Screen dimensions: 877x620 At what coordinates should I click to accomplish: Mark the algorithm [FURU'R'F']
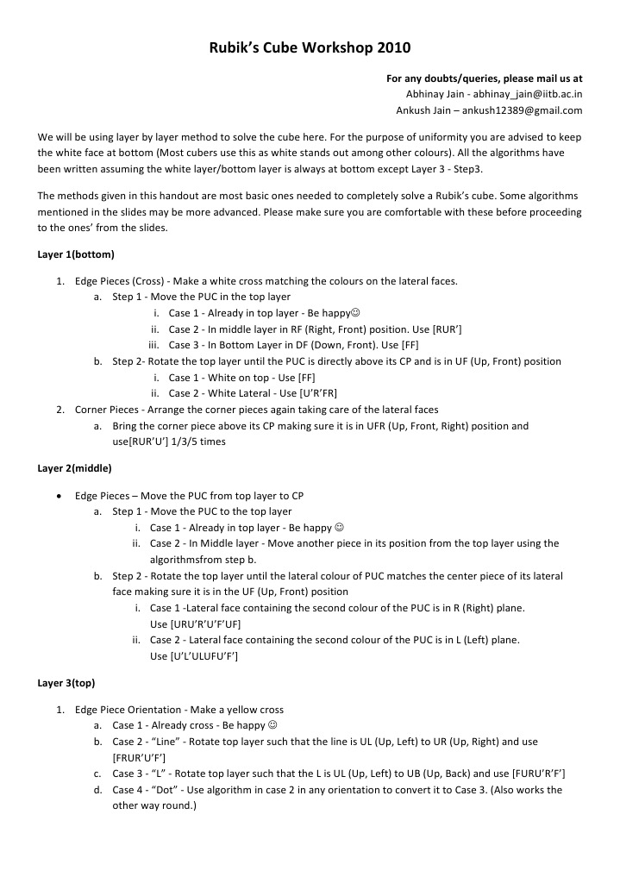pyautogui.click(x=538, y=773)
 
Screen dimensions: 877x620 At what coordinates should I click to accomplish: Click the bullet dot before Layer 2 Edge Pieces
pyautogui.click(x=57, y=497)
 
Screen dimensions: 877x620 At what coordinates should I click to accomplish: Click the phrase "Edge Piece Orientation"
pyautogui.click(x=128, y=710)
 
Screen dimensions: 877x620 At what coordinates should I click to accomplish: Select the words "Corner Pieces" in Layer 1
pyautogui.click(x=106, y=410)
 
